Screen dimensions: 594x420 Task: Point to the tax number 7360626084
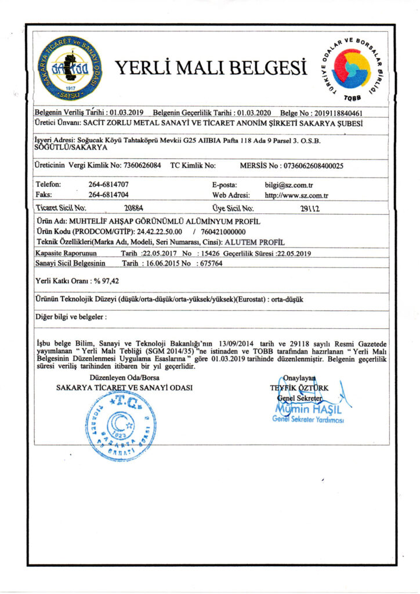pos(142,165)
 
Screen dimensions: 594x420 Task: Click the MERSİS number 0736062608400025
pos(313,165)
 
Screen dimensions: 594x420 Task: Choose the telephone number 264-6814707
pos(108,184)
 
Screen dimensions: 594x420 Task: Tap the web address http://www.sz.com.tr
pos(296,194)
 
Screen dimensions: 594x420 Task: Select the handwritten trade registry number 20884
pos(134,207)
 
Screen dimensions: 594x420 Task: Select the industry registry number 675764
pos(210,263)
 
